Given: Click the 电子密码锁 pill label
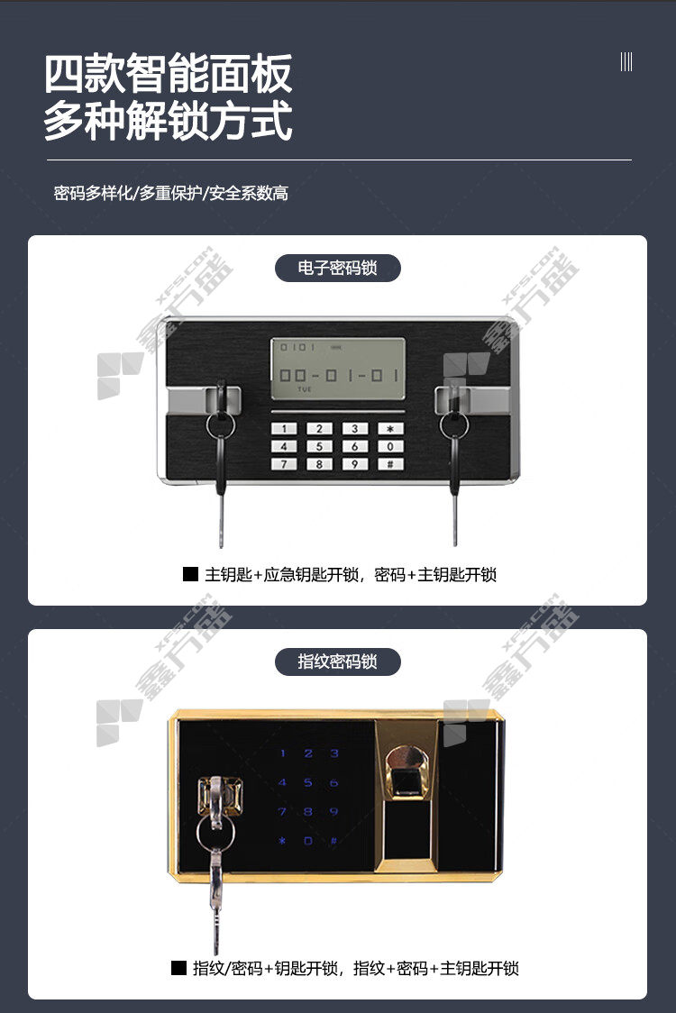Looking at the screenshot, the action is point(337,268).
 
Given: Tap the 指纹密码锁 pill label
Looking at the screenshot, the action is point(337,662).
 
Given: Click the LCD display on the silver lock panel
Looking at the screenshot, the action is point(338,369).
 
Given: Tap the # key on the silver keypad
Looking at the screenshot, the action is point(389,464).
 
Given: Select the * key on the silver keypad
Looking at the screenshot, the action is point(389,428).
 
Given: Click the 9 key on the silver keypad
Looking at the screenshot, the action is point(354,464).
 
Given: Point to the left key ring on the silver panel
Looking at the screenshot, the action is point(221,425).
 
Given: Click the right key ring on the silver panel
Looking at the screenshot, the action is point(454,425).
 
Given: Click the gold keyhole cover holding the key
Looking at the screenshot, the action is point(220,797).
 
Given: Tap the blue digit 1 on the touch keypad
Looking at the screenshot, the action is point(282,753).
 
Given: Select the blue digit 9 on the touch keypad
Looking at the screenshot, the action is point(333,811).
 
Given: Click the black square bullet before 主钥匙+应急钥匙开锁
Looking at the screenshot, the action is point(190,574).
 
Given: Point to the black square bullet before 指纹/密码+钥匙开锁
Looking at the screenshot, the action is point(178,968).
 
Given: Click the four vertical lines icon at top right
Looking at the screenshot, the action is point(626,62).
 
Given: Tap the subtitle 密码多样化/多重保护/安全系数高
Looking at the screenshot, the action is point(170,193).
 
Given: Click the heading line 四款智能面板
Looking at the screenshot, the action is point(168,74).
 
